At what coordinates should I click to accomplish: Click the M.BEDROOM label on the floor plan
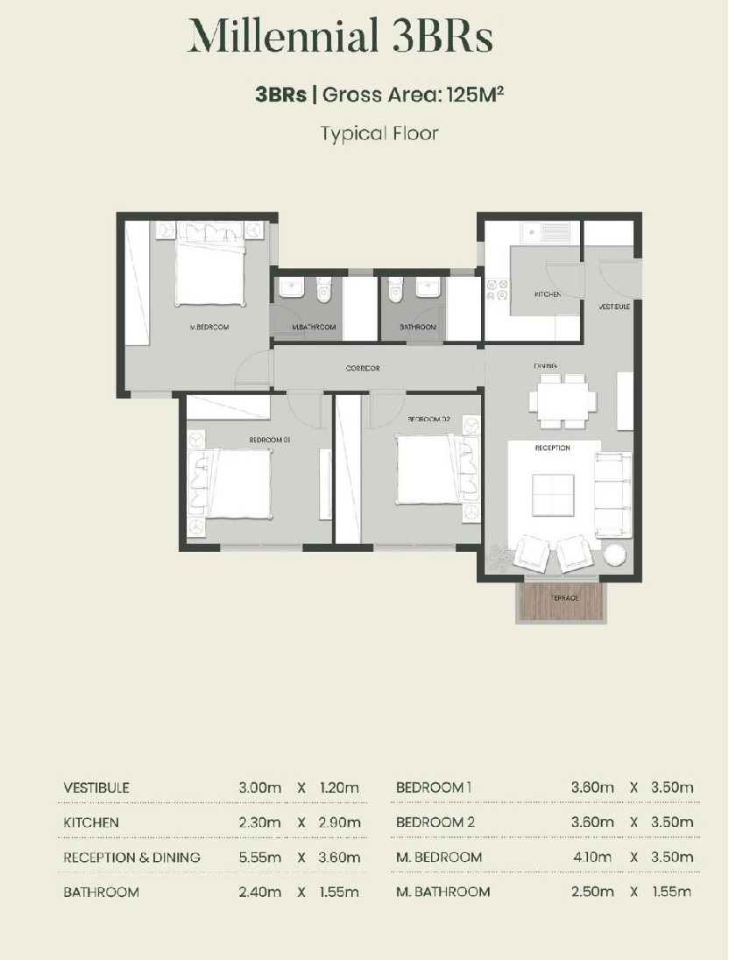coord(209,327)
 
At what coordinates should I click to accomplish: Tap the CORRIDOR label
coord(363,368)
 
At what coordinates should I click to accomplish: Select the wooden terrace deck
coord(563,600)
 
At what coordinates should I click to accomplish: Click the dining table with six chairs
coord(563,401)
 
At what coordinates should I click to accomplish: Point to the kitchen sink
coord(545,231)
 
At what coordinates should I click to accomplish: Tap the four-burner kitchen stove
coord(497,290)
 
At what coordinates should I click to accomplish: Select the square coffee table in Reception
coord(553,495)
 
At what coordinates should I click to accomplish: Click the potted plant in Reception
coord(498,559)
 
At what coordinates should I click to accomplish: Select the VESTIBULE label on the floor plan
coord(614,306)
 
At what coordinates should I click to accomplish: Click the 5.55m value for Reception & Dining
coord(260,858)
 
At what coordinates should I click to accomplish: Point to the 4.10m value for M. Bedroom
coord(592,858)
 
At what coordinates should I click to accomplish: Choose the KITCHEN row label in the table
coord(91,822)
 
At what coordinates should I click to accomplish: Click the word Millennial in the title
coord(282,37)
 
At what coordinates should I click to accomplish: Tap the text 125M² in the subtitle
coord(476,95)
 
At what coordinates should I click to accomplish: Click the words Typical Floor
coord(379,133)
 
